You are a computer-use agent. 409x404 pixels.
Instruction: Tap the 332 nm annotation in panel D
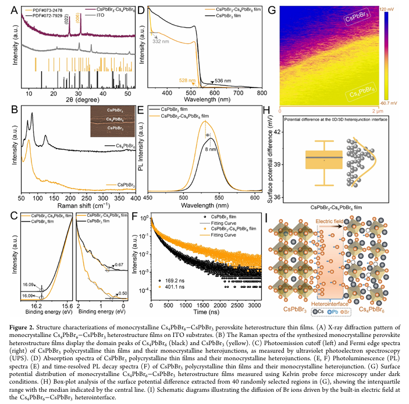tap(161, 43)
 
